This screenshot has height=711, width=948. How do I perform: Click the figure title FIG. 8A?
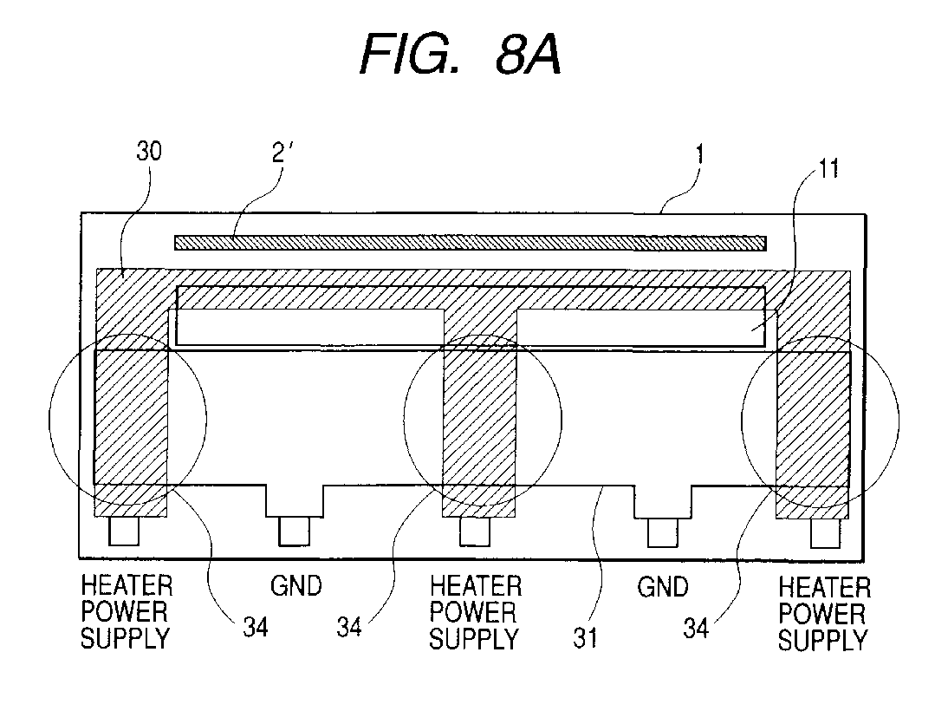tap(461, 54)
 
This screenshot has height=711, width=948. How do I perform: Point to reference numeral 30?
tap(149, 151)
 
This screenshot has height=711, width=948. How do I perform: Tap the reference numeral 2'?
tap(281, 153)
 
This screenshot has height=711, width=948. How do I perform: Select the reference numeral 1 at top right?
tap(699, 154)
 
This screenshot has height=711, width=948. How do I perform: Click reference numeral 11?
tap(829, 168)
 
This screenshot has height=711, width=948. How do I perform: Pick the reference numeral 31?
tap(585, 638)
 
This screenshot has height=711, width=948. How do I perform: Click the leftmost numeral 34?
tap(255, 628)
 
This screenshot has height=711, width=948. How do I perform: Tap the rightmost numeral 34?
tap(696, 629)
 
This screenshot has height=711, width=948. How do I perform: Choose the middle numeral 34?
tap(349, 628)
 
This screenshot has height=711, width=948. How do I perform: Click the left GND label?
tap(296, 586)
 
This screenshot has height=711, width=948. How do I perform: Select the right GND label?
tap(663, 587)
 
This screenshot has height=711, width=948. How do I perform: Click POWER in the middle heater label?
tap(473, 612)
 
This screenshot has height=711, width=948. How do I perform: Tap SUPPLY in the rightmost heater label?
tap(823, 640)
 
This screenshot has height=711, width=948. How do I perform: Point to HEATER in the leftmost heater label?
tap(127, 585)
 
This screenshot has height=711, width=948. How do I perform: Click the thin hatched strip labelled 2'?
tap(471, 243)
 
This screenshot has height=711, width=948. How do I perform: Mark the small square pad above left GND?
tap(295, 531)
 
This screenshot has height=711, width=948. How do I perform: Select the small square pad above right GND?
tap(663, 532)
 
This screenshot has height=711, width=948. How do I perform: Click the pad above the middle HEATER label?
tap(475, 532)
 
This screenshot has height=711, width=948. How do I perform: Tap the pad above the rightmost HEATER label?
tap(826, 532)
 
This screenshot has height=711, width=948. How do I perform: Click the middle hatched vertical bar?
tap(480, 413)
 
